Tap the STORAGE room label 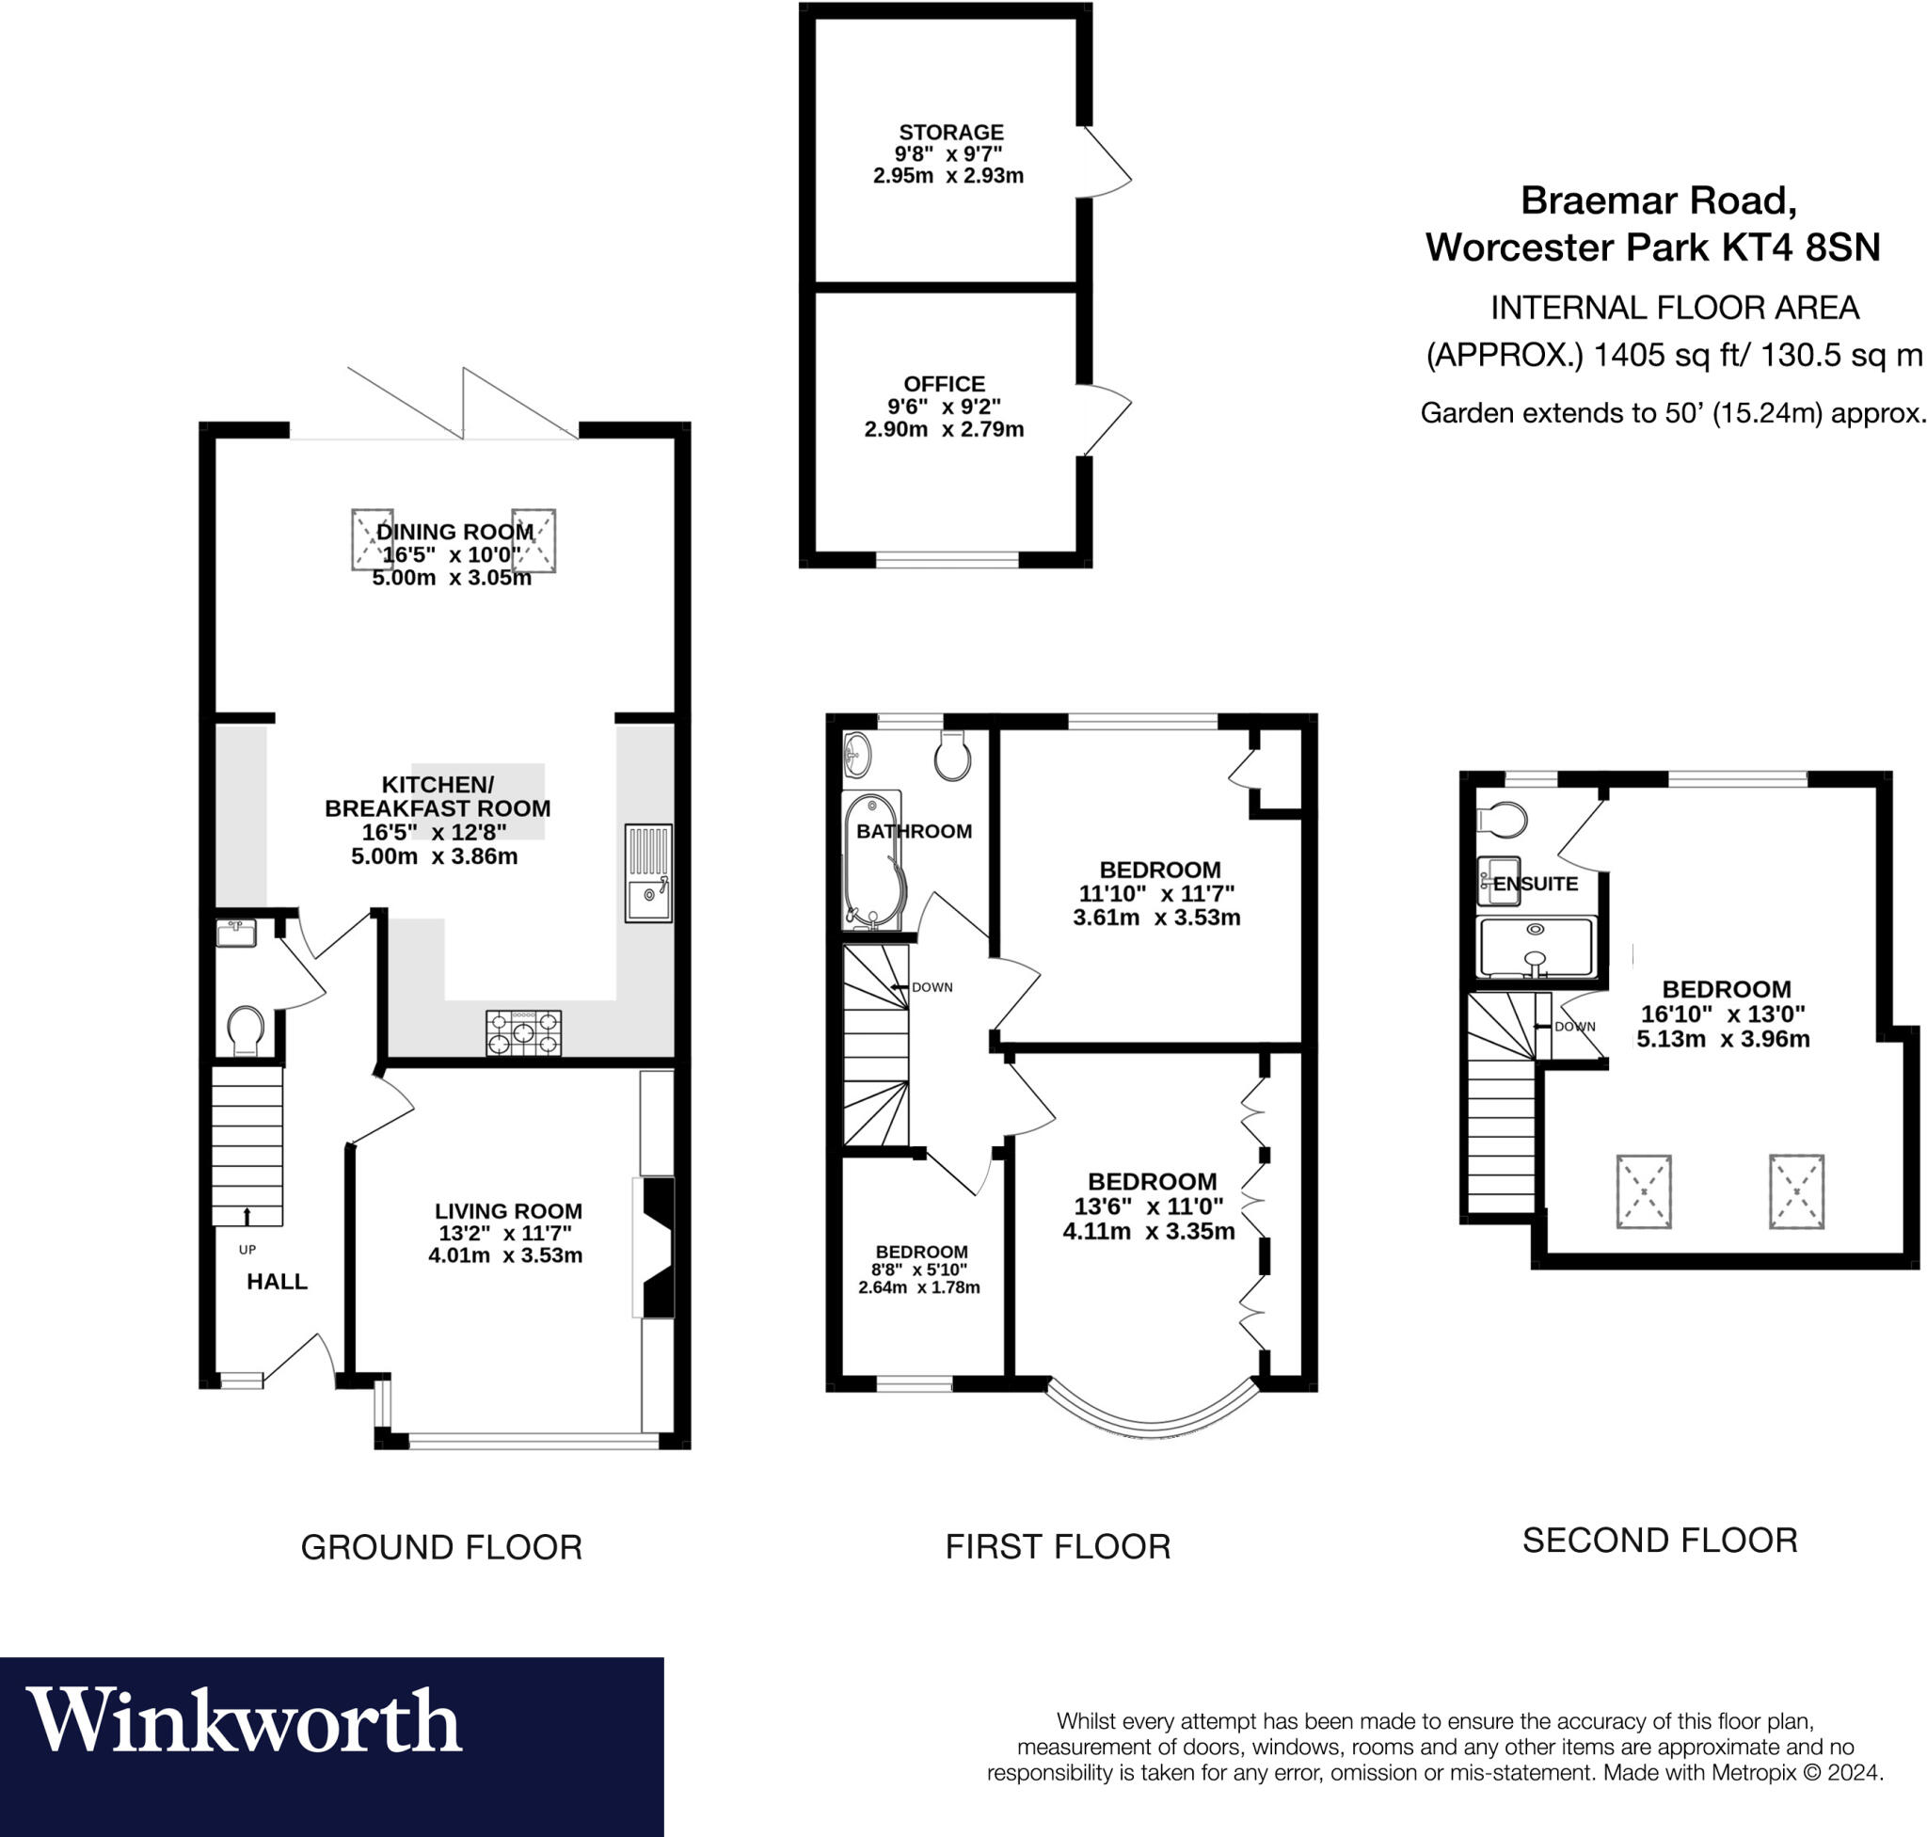pyautogui.click(x=950, y=132)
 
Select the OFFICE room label pyautogui.click(x=944, y=384)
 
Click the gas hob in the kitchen pyautogui.click(x=524, y=1033)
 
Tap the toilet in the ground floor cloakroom pyautogui.click(x=245, y=1030)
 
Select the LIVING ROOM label pyautogui.click(x=508, y=1211)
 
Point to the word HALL pyautogui.click(x=278, y=1282)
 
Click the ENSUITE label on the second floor pyautogui.click(x=1536, y=884)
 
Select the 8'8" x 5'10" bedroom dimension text pyautogui.click(x=920, y=1270)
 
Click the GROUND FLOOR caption pyautogui.click(x=441, y=1547)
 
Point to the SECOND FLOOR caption pyautogui.click(x=1660, y=1541)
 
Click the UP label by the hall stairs pyautogui.click(x=247, y=1251)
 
